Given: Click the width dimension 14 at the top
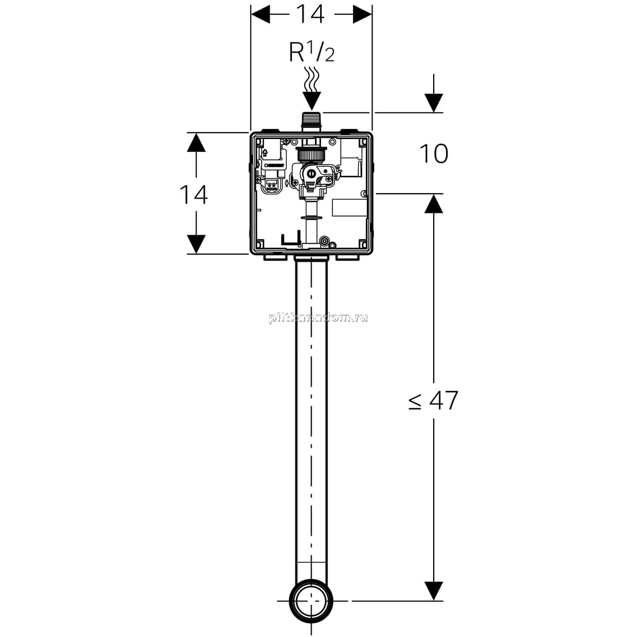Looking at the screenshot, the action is (310, 14).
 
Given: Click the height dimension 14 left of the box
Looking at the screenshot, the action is (194, 195).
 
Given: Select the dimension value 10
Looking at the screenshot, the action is (434, 154).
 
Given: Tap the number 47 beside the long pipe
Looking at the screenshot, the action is (444, 400).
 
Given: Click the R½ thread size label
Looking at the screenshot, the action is (312, 52).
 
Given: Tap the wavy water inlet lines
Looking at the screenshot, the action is (312, 79).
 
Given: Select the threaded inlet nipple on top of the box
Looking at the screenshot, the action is (312, 122).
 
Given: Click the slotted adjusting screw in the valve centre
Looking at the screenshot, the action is (311, 173).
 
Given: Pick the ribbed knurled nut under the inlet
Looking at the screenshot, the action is (311, 154).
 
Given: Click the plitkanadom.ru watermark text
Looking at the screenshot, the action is (318, 318).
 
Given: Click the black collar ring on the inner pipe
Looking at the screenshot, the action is (311, 218).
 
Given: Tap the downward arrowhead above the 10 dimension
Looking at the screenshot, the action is (433, 103).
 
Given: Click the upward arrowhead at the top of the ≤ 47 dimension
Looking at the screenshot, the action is (433, 203).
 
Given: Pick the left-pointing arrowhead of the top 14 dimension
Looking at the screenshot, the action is (261, 14).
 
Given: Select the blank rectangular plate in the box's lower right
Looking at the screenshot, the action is (349, 208).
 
